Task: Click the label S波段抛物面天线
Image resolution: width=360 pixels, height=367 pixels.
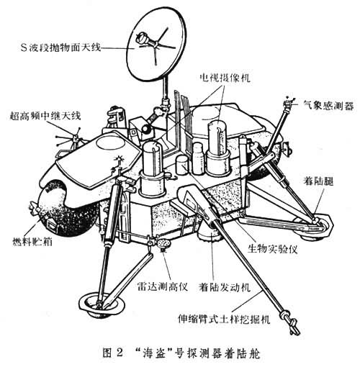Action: [x=60, y=47]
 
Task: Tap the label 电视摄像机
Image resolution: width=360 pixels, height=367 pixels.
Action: [x=225, y=78]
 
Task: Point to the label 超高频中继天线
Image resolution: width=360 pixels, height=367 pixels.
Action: [x=45, y=116]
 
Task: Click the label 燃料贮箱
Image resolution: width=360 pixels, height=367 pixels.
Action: [x=32, y=241]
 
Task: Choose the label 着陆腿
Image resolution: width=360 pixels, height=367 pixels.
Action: [x=318, y=181]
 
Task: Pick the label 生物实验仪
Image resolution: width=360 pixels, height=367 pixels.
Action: [x=272, y=249]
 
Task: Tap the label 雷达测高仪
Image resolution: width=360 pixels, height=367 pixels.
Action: [x=162, y=286]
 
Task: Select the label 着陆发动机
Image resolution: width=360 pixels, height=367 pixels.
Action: [x=225, y=286]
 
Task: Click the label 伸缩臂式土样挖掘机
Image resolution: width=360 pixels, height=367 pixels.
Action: [x=224, y=319]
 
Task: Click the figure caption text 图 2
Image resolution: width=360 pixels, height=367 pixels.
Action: [x=112, y=353]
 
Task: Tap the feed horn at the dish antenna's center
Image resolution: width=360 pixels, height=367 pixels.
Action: [x=142, y=38]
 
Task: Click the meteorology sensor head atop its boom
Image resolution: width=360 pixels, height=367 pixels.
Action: [x=288, y=103]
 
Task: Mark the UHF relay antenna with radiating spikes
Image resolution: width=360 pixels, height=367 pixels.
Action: [x=71, y=139]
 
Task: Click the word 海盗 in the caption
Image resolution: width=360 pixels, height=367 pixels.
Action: [x=153, y=353]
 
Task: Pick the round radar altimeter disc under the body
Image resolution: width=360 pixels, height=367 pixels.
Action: [x=164, y=244]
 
